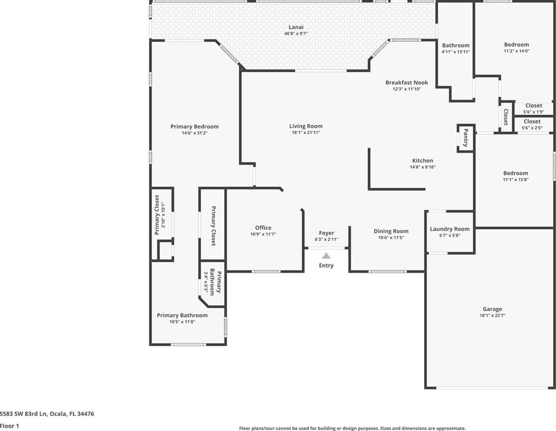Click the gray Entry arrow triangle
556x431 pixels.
point(326,256)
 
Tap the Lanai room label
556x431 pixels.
point(296,27)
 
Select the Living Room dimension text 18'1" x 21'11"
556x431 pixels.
point(306,132)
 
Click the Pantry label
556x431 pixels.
point(466,138)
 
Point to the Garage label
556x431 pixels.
point(493,309)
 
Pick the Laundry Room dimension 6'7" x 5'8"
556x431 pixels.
point(450,235)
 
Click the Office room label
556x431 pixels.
point(263,228)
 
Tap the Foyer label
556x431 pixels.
point(326,233)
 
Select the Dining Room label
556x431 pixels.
point(391,231)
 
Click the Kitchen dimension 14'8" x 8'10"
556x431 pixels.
point(423,167)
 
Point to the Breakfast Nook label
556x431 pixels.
point(407,83)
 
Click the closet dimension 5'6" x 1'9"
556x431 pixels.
point(534,112)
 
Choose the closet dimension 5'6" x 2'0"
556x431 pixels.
point(532,128)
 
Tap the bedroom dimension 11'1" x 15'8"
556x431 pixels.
point(516,179)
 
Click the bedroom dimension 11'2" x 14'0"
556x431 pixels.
point(517,51)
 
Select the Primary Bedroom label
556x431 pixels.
point(194,126)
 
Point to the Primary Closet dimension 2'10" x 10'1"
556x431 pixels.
point(163,215)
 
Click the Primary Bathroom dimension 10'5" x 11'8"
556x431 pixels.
point(182,322)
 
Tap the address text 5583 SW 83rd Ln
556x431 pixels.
point(24,414)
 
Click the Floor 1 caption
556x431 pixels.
point(9,426)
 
